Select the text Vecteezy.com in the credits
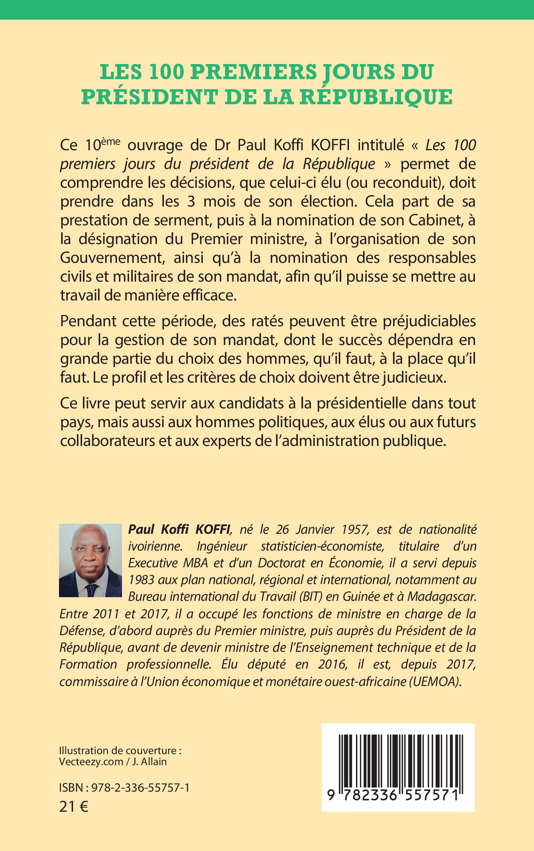tap(91, 761)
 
